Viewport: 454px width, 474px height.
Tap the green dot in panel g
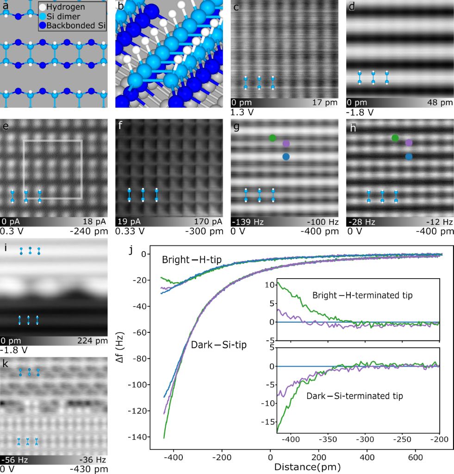[x=272, y=137]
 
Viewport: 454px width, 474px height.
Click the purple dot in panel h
[x=408, y=143]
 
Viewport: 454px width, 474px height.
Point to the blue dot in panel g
[x=286, y=157]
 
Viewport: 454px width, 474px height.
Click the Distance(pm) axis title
[x=307, y=467]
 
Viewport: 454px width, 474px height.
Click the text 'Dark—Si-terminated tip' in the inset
[x=354, y=396]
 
